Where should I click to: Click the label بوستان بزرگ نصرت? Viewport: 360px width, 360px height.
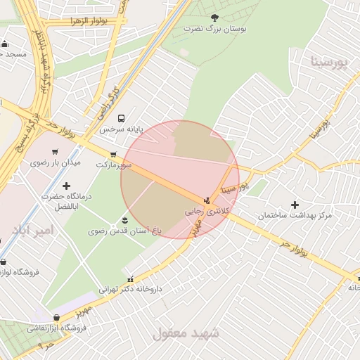pyautogui.click(x=213, y=29)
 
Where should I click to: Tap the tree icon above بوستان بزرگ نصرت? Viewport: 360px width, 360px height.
pyautogui.click(x=214, y=18)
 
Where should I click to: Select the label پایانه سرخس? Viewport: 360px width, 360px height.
pyautogui.click(x=121, y=129)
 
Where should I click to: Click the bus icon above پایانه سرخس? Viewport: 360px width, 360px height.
pyautogui.click(x=122, y=118)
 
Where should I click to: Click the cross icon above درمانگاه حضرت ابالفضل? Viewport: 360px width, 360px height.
pyautogui.click(x=67, y=186)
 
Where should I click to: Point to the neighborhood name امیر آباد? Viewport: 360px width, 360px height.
pyautogui.click(x=32, y=230)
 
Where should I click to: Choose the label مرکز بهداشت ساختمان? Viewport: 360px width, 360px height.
pyautogui.click(x=293, y=215)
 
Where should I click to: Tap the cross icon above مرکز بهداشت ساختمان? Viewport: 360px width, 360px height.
pyautogui.click(x=295, y=205)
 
